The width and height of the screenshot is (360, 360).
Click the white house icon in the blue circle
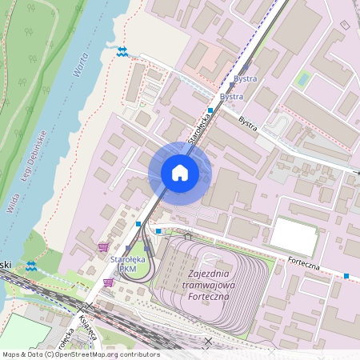(x=180, y=173)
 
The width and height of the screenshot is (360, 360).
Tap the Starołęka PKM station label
(x=126, y=265)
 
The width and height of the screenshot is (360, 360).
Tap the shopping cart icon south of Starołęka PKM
(x=108, y=282)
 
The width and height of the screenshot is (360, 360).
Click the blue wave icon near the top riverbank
(x=121, y=52)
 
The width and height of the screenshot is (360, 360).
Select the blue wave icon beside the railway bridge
(x=30, y=266)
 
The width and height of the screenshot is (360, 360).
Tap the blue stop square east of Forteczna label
(x=346, y=276)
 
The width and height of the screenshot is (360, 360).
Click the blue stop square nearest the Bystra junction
(x=210, y=110)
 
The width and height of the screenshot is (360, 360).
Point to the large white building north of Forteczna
(x=293, y=237)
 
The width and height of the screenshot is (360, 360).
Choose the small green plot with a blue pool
(x=303, y=79)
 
